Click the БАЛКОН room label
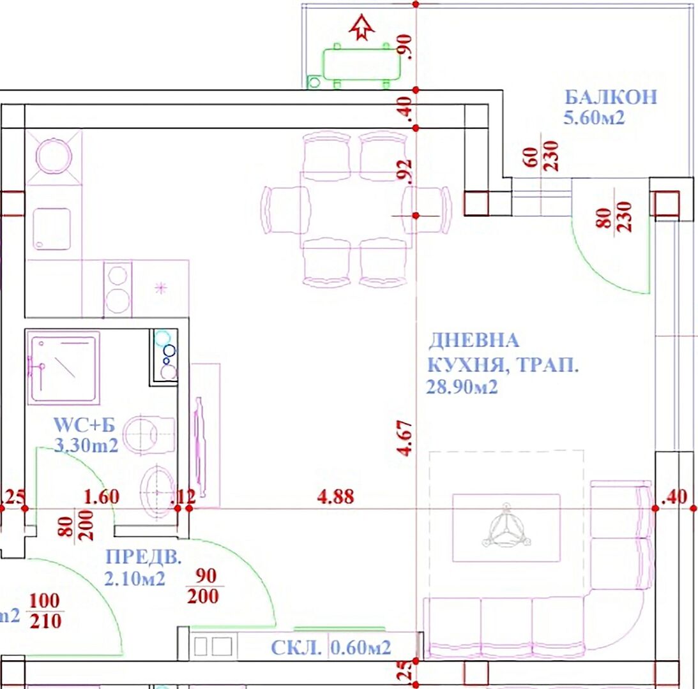tap(611, 96)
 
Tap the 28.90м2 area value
tap(462, 387)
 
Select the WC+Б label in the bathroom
tap(84, 425)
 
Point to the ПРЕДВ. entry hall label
tap(144, 557)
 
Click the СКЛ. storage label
tap(296, 648)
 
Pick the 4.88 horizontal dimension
tap(336, 496)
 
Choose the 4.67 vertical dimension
tap(406, 438)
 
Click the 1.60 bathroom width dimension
tap(102, 496)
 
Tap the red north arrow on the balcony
tap(361, 27)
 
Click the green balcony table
tap(361, 64)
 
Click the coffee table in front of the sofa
tap(506, 528)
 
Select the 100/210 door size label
tap(45, 611)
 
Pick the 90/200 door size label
tap(205, 586)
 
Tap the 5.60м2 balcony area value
tap(595, 118)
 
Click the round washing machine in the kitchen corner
tap(54, 157)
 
